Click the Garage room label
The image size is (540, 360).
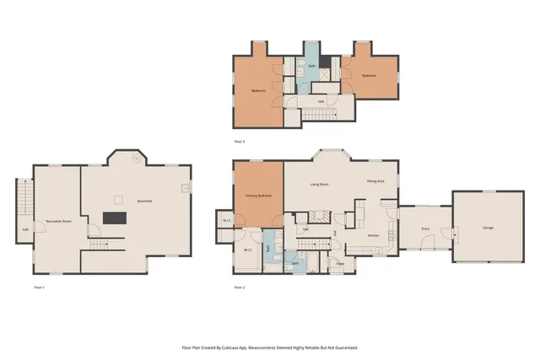[x=488, y=228]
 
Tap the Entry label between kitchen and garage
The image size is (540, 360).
[x=425, y=228]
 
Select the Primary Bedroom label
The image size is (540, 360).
[x=258, y=196]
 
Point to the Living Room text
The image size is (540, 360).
[x=319, y=184]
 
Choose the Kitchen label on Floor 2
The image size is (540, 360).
[x=373, y=235]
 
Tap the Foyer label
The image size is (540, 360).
[x=340, y=263]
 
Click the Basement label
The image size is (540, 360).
[x=144, y=201]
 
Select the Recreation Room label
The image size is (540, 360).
[x=57, y=220]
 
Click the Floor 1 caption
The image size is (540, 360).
[x=39, y=287]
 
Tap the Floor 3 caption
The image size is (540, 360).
[x=239, y=141]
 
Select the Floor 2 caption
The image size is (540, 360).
[x=239, y=287]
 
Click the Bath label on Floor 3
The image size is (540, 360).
[x=311, y=65]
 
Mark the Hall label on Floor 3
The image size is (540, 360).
[x=321, y=101]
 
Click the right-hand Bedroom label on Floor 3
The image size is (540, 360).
[x=369, y=75]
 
